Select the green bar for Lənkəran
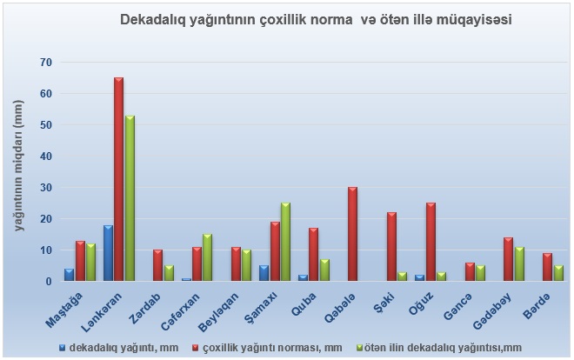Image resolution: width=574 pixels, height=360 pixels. click(x=130, y=198)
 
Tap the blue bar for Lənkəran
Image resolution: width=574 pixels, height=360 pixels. click(x=108, y=253)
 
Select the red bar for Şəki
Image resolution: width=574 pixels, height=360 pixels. click(x=391, y=247)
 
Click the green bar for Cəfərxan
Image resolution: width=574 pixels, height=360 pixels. click(x=207, y=258)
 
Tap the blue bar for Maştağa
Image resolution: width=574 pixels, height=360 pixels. click(x=69, y=275)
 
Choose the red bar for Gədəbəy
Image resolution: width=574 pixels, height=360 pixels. click(x=508, y=260)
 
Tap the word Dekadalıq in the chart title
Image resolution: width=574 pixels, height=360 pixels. click(x=153, y=18)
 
